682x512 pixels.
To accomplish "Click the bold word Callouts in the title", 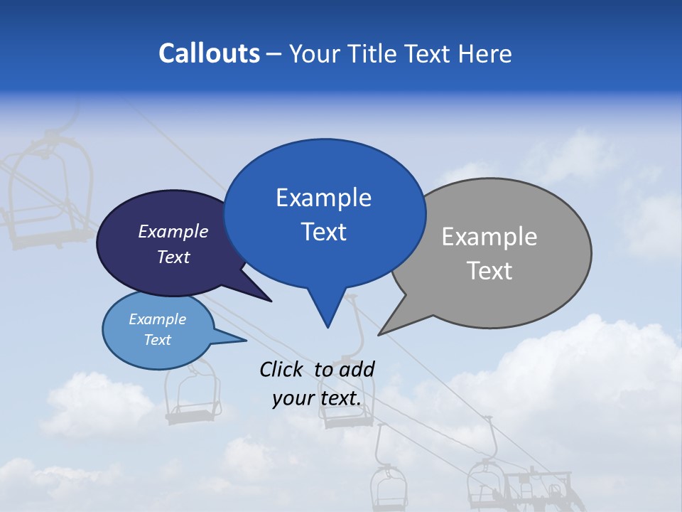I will coord(209,53).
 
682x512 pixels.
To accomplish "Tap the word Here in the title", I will coord(485,54).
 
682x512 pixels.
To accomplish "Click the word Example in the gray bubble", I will coord(489,237).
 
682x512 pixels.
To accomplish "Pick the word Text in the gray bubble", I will coord(489,271).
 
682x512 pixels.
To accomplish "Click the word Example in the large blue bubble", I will coord(323,198).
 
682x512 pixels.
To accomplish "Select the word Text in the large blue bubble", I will coord(323,232).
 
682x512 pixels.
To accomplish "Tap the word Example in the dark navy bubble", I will coord(173,232).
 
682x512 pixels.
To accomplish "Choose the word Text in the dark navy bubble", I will coord(173,257).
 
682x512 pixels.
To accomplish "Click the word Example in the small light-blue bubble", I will coord(157,319).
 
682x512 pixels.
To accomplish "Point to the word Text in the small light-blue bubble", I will coord(157,340).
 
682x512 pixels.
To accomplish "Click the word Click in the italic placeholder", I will coord(283,369).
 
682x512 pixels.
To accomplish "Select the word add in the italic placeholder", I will coord(357,369).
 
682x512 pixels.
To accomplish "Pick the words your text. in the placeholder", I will coord(316,398).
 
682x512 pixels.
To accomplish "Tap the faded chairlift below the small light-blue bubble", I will coord(192,398).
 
